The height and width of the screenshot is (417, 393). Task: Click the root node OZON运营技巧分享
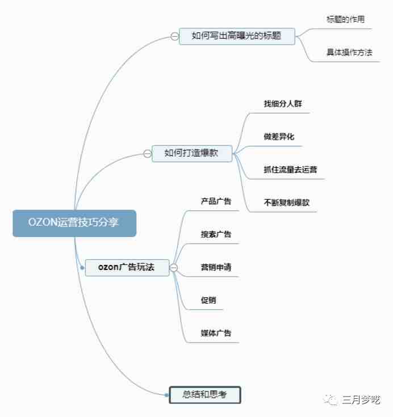tap(74, 223)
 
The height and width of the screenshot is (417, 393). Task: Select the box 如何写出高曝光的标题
tap(237, 36)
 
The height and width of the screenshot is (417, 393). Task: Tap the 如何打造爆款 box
tap(192, 153)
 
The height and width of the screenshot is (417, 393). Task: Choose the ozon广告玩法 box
tap(127, 268)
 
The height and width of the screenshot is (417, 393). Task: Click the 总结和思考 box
tap(205, 395)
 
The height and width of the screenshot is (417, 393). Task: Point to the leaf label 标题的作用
tap(346, 19)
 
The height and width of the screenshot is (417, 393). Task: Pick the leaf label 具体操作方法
tap(349, 52)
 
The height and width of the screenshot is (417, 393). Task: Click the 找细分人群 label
tap(283, 104)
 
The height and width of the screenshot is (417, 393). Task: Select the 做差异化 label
tap(279, 137)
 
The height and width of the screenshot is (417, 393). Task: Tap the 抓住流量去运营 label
tap(290, 170)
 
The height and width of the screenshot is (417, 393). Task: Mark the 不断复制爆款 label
tap(286, 203)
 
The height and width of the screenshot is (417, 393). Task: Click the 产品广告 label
tap(216, 201)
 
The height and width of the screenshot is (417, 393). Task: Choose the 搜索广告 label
tap(216, 234)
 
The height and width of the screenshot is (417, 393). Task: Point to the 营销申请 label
tap(216, 267)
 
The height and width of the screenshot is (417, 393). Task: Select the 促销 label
tap(208, 300)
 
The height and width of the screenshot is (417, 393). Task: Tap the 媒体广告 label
tap(216, 333)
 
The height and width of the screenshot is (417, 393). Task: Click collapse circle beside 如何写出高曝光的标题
tap(174, 36)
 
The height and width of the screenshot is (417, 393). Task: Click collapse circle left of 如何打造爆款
tap(147, 153)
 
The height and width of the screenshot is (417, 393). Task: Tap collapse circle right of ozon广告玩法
tap(174, 268)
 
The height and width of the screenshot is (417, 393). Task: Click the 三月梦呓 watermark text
tap(361, 400)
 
